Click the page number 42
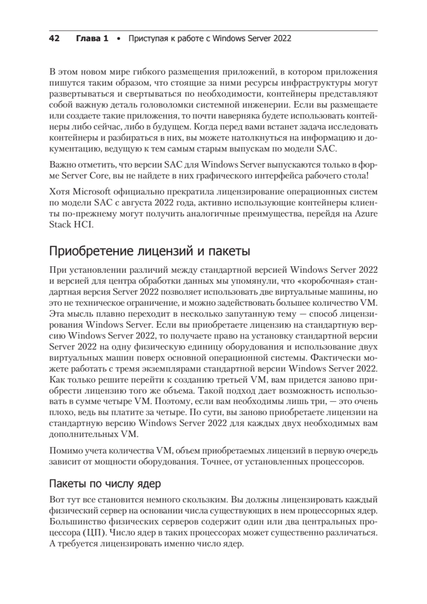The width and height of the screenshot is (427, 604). tap(54, 38)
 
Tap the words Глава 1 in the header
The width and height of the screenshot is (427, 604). tap(92, 38)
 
